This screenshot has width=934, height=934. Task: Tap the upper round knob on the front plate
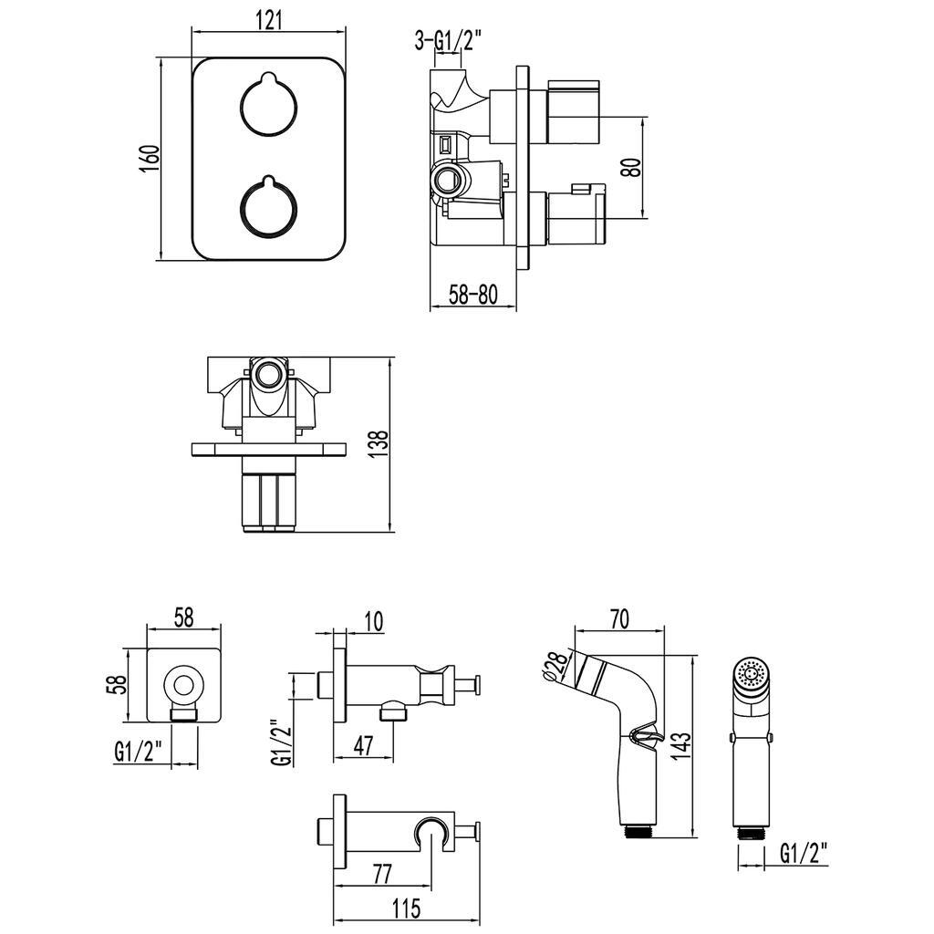pos(268,108)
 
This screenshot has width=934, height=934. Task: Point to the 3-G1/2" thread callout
pos(447,39)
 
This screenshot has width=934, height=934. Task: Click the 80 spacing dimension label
pos(630,167)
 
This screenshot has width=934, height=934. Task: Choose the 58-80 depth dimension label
pos(473,294)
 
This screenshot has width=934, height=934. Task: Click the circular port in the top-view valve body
pos(269,374)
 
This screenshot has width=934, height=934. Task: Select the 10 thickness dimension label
pos(372,621)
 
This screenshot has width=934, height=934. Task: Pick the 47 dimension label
pos(363,746)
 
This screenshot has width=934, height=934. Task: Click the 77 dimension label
pos(382,874)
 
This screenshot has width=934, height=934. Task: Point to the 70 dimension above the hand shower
pos(618,619)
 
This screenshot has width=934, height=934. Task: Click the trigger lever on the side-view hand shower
pos(642,737)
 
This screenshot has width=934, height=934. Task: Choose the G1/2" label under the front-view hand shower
pos(804,853)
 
